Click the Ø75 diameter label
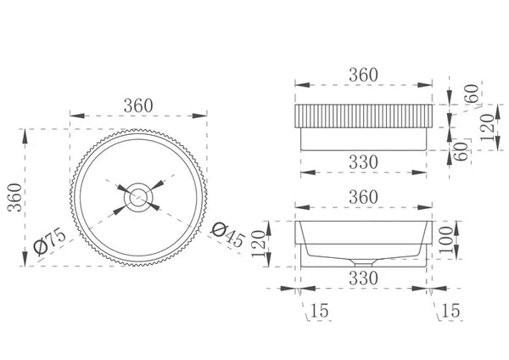point(50,241)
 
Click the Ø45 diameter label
point(227,235)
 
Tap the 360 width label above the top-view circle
point(138,105)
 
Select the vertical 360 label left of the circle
point(15,198)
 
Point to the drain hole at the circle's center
point(138,198)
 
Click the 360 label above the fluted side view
point(363,75)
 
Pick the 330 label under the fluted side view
point(363,162)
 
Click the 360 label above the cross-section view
point(363,197)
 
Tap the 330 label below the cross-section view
point(363,278)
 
